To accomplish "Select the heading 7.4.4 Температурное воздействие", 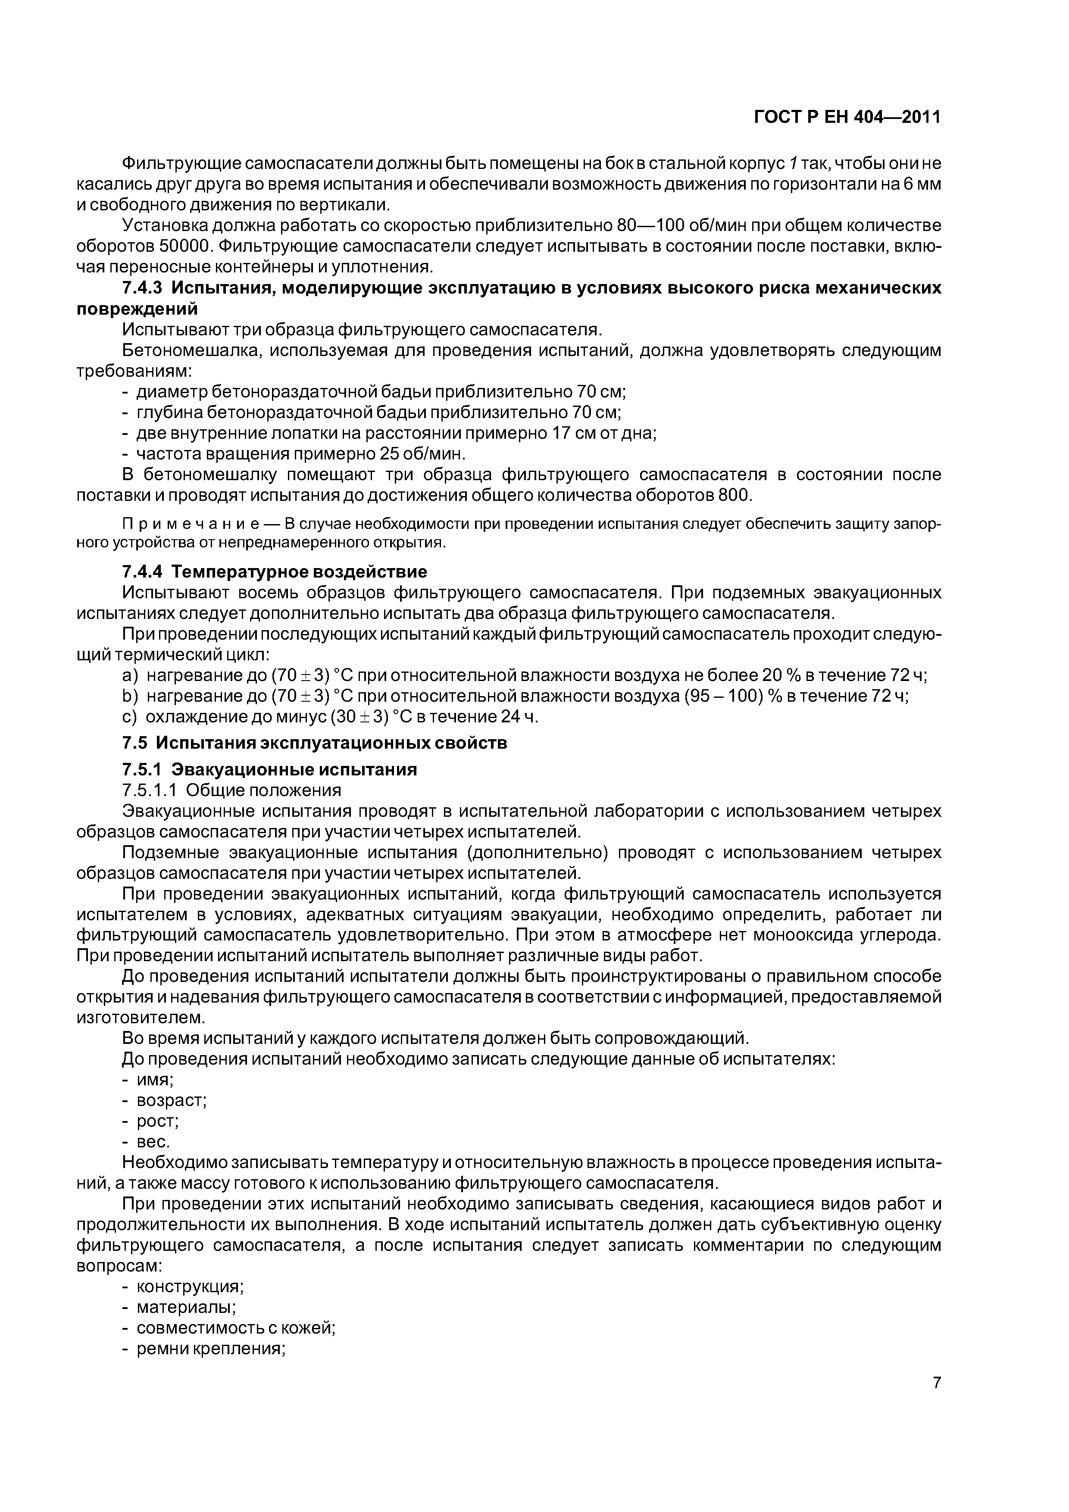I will (x=274, y=571).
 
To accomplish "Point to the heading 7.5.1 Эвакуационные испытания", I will (x=269, y=769).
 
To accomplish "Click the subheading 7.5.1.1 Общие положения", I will (x=232, y=790).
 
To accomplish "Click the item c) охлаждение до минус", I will (x=329, y=716).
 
